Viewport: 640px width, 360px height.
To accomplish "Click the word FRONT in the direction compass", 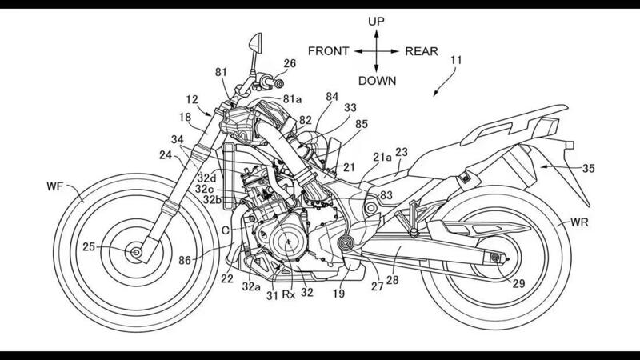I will point(328,50).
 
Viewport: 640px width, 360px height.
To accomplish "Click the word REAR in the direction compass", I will point(422,50).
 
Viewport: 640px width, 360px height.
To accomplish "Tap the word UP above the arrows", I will point(375,21).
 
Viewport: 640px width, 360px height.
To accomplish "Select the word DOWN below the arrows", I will point(375,80).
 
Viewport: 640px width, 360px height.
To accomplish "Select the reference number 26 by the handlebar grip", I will point(289,62).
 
